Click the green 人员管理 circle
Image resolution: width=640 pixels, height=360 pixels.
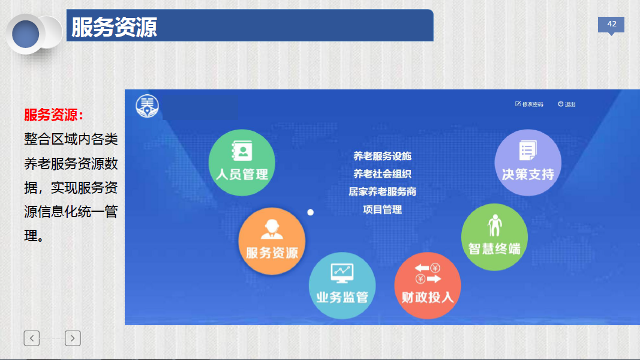click(242, 163)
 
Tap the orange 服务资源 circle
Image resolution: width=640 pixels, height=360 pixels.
click(272, 241)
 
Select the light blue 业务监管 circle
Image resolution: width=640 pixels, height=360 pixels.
click(342, 286)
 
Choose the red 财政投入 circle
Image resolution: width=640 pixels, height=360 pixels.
click(427, 286)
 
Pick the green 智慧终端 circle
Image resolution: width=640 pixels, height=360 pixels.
click(494, 237)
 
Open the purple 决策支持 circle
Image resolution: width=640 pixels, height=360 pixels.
click(528, 163)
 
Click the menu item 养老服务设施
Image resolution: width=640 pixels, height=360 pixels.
click(382, 156)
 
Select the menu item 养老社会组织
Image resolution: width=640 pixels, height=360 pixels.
click(382, 174)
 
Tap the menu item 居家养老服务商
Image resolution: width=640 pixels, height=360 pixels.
click(382, 192)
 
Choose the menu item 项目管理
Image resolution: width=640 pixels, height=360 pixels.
click(382, 210)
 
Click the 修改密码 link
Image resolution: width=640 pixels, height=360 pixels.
click(529, 104)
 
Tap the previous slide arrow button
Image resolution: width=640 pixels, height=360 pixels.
click(31, 338)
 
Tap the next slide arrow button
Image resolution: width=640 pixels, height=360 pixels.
click(73, 338)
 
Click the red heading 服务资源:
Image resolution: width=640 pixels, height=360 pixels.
click(53, 115)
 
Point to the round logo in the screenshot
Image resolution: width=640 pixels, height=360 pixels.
click(147, 106)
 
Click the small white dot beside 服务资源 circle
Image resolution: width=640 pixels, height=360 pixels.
click(310, 212)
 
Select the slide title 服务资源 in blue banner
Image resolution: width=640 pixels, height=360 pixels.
click(114, 28)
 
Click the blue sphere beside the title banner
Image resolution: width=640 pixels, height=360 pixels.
click(25, 34)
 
